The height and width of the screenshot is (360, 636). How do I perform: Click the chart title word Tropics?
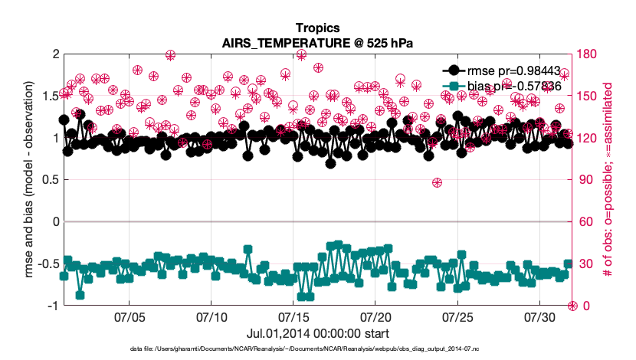coord(317,29)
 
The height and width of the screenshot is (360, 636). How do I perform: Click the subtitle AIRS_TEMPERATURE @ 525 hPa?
coord(317,44)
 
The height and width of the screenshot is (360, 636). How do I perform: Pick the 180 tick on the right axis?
coord(588,54)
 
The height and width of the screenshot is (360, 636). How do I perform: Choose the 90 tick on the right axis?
coord(585,180)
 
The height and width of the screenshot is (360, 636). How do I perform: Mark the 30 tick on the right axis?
coord(585,264)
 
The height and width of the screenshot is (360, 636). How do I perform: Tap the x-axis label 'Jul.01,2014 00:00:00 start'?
coord(317,334)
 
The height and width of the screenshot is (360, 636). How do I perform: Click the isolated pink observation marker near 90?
coord(437,182)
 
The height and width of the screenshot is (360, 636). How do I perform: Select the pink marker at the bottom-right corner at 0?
coord(572,306)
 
